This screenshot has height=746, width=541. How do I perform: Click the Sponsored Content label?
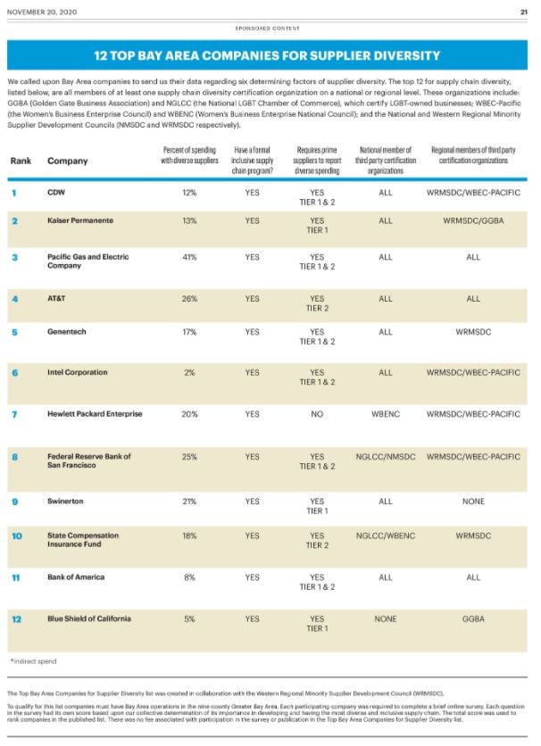pyautogui.click(x=270, y=28)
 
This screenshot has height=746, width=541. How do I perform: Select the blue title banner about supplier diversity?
pyautogui.click(x=270, y=55)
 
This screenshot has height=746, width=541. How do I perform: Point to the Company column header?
pyautogui.click(x=67, y=162)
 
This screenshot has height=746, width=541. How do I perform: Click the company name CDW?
pyautogui.click(x=56, y=192)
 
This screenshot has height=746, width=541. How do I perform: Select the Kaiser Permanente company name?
pyautogui.click(x=79, y=220)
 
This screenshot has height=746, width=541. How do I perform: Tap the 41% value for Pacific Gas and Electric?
pyautogui.click(x=189, y=257)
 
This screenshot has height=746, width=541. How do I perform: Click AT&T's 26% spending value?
pyautogui.click(x=189, y=299)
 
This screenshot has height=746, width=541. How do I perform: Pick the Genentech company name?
pyautogui.click(x=68, y=332)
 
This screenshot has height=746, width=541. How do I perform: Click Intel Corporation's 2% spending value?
pyautogui.click(x=189, y=373)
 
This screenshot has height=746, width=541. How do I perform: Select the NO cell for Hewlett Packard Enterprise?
pyautogui.click(x=316, y=414)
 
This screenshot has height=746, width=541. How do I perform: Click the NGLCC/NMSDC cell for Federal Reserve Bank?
pyautogui.click(x=385, y=457)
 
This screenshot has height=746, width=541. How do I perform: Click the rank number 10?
pyautogui.click(x=16, y=536)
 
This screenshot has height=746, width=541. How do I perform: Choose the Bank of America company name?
pyautogui.click(x=76, y=577)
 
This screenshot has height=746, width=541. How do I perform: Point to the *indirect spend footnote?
pyautogui.click(x=33, y=661)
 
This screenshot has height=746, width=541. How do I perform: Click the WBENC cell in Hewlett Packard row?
pyautogui.click(x=385, y=414)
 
